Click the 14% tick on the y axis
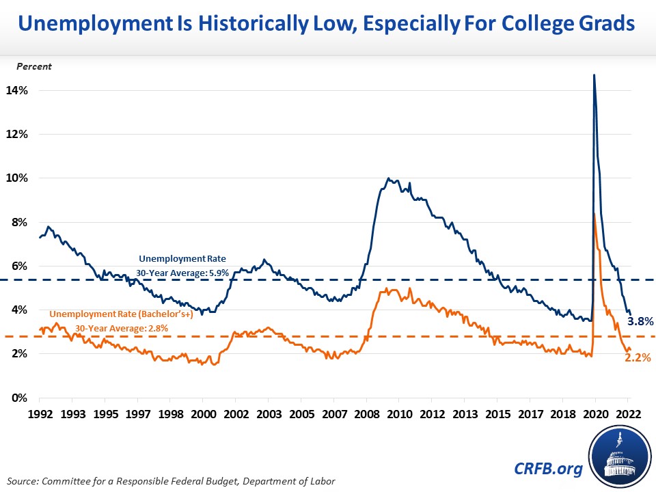[18, 90]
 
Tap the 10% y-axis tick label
[18, 178]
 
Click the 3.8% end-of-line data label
[640, 320]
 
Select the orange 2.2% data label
[638, 357]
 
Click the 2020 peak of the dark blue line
[594, 75]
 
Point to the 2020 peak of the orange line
[595, 215]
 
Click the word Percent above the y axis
[33, 66]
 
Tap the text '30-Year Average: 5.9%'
[180, 272]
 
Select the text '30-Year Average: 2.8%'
[122, 328]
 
